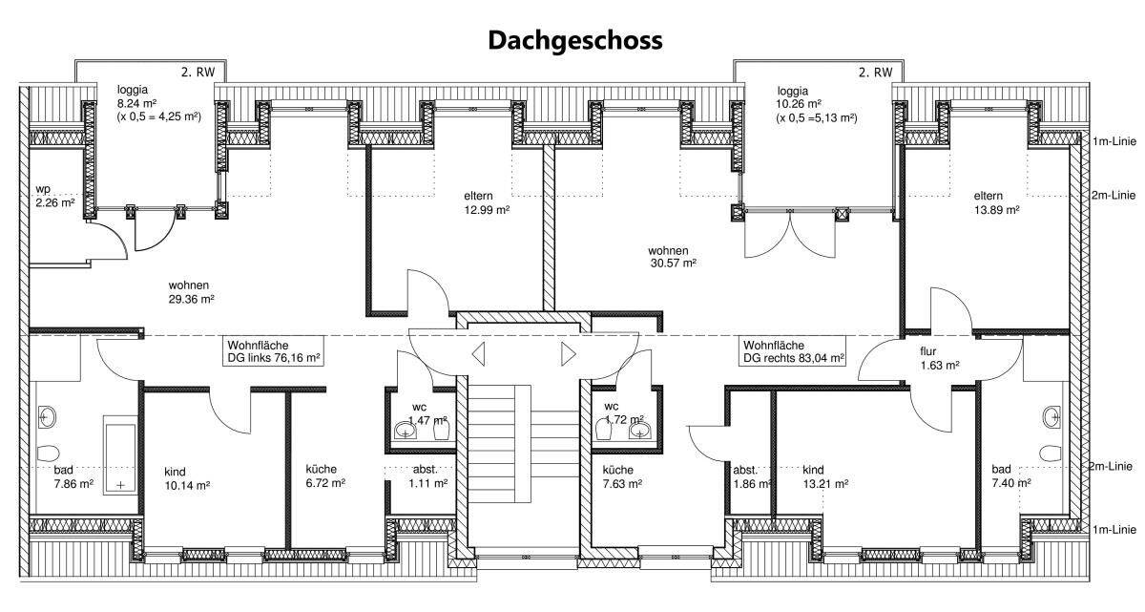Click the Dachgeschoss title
pyautogui.click(x=575, y=40)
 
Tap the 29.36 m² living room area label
pyautogui.click(x=191, y=299)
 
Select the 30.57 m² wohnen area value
pyautogui.click(x=674, y=264)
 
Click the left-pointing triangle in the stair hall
pyautogui.click(x=478, y=354)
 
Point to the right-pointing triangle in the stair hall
pyautogui.click(x=569, y=354)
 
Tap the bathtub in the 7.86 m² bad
pyautogui.click(x=120, y=455)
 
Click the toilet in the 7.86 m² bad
pyautogui.click(x=48, y=453)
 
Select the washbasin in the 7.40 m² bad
pyautogui.click(x=1051, y=417)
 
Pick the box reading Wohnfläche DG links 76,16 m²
pyautogui.click(x=274, y=351)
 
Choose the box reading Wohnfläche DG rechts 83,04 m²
pyautogui.click(x=792, y=351)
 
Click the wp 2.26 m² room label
pyautogui.click(x=54, y=196)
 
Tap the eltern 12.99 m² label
pyautogui.click(x=487, y=203)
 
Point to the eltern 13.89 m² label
pyautogui.click(x=996, y=203)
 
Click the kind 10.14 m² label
pyautogui.click(x=187, y=478)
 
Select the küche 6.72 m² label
pyautogui.click(x=325, y=476)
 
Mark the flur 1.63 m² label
pyautogui.click(x=940, y=358)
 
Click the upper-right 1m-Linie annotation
pyautogui.click(x=1114, y=141)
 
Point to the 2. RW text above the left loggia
pyautogui.click(x=198, y=73)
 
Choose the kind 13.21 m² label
pyautogui.click(x=825, y=476)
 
